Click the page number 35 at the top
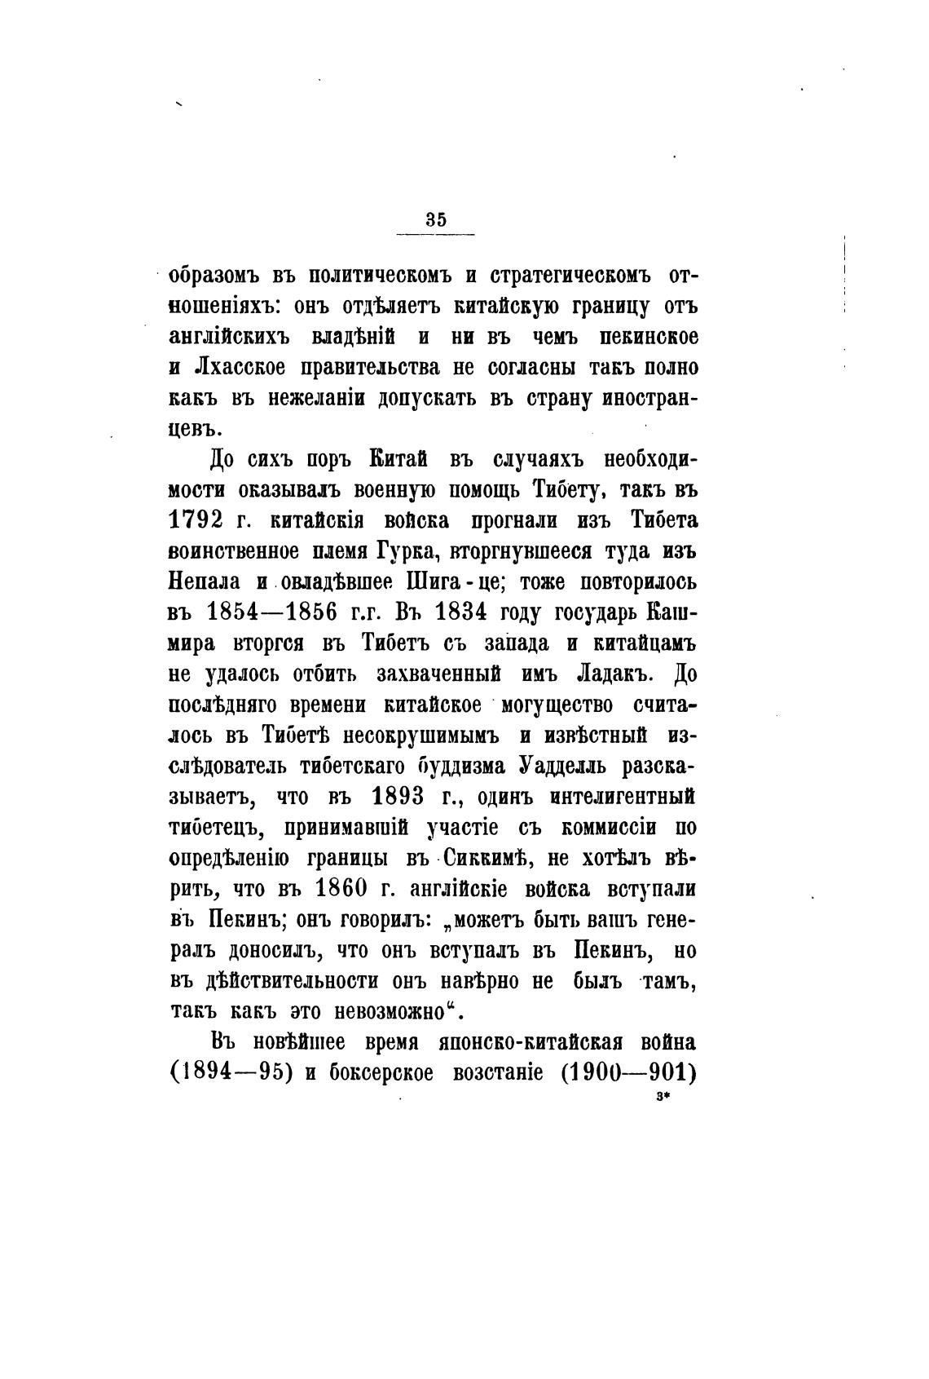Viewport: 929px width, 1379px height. [x=435, y=219]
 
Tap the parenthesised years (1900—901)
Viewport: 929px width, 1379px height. [x=627, y=1072]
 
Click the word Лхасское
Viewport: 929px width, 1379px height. [x=240, y=367]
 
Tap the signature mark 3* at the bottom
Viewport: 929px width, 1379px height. [x=661, y=1098]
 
